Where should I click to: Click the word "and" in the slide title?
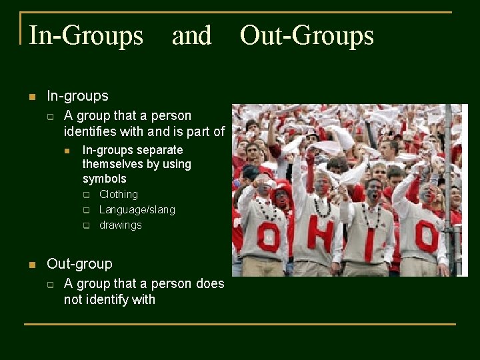coord(191,35)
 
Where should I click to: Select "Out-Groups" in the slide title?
coord(307,35)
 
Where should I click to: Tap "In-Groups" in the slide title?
coord(86,35)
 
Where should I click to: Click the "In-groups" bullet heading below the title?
coord(77,96)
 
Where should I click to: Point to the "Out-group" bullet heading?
coord(79,264)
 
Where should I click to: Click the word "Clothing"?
coord(119,194)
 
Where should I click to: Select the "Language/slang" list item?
coord(137,209)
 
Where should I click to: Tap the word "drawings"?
coord(121,225)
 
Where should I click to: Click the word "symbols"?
coord(105,179)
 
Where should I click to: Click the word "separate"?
coord(160,150)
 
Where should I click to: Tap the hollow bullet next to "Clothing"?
coord(86,195)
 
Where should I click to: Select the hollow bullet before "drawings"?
coord(86,225)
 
